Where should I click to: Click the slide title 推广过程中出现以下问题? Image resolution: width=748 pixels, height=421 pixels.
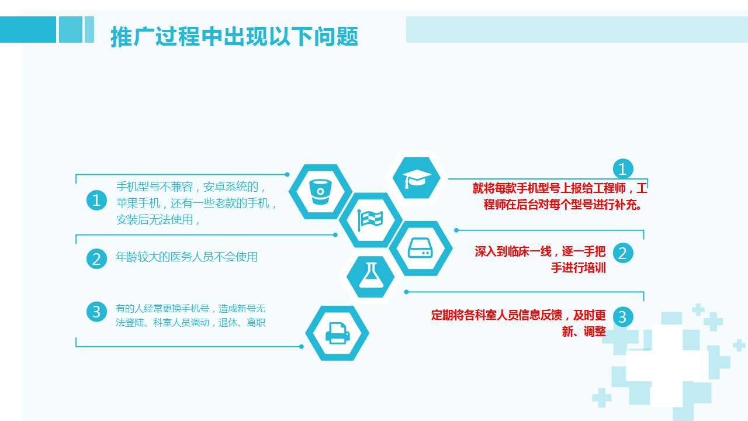[234, 36]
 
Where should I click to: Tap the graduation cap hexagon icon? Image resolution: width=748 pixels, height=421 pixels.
[417, 178]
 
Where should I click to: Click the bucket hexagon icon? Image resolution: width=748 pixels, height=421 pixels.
[320, 191]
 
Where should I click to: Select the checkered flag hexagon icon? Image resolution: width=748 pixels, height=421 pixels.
[370, 220]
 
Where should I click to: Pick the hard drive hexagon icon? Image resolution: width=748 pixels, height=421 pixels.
[420, 249]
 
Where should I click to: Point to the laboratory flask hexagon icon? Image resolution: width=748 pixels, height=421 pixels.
[370, 277]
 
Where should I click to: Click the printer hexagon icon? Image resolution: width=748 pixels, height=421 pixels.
[337, 333]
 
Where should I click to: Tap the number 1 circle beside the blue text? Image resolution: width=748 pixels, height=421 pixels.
[96, 200]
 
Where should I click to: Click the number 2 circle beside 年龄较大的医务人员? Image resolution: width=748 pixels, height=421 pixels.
[96, 258]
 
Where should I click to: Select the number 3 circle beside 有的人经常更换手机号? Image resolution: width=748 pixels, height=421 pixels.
[96, 312]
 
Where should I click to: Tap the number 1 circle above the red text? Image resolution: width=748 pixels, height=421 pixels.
[623, 169]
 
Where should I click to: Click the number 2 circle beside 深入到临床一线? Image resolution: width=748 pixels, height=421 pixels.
[623, 253]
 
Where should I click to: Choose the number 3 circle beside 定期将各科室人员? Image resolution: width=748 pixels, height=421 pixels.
[623, 317]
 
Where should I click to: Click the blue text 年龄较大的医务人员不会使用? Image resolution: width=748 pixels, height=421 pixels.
[186, 257]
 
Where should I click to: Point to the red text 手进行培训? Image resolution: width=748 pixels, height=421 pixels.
[579, 268]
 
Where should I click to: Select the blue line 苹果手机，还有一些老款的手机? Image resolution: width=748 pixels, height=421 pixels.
[196, 203]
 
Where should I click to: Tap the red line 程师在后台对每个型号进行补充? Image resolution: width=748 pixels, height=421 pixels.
[562, 205]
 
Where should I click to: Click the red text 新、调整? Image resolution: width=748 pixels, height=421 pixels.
[584, 331]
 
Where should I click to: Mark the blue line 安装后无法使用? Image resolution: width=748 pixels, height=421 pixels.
[158, 219]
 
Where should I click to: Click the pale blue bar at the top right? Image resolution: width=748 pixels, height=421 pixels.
[577, 29]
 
